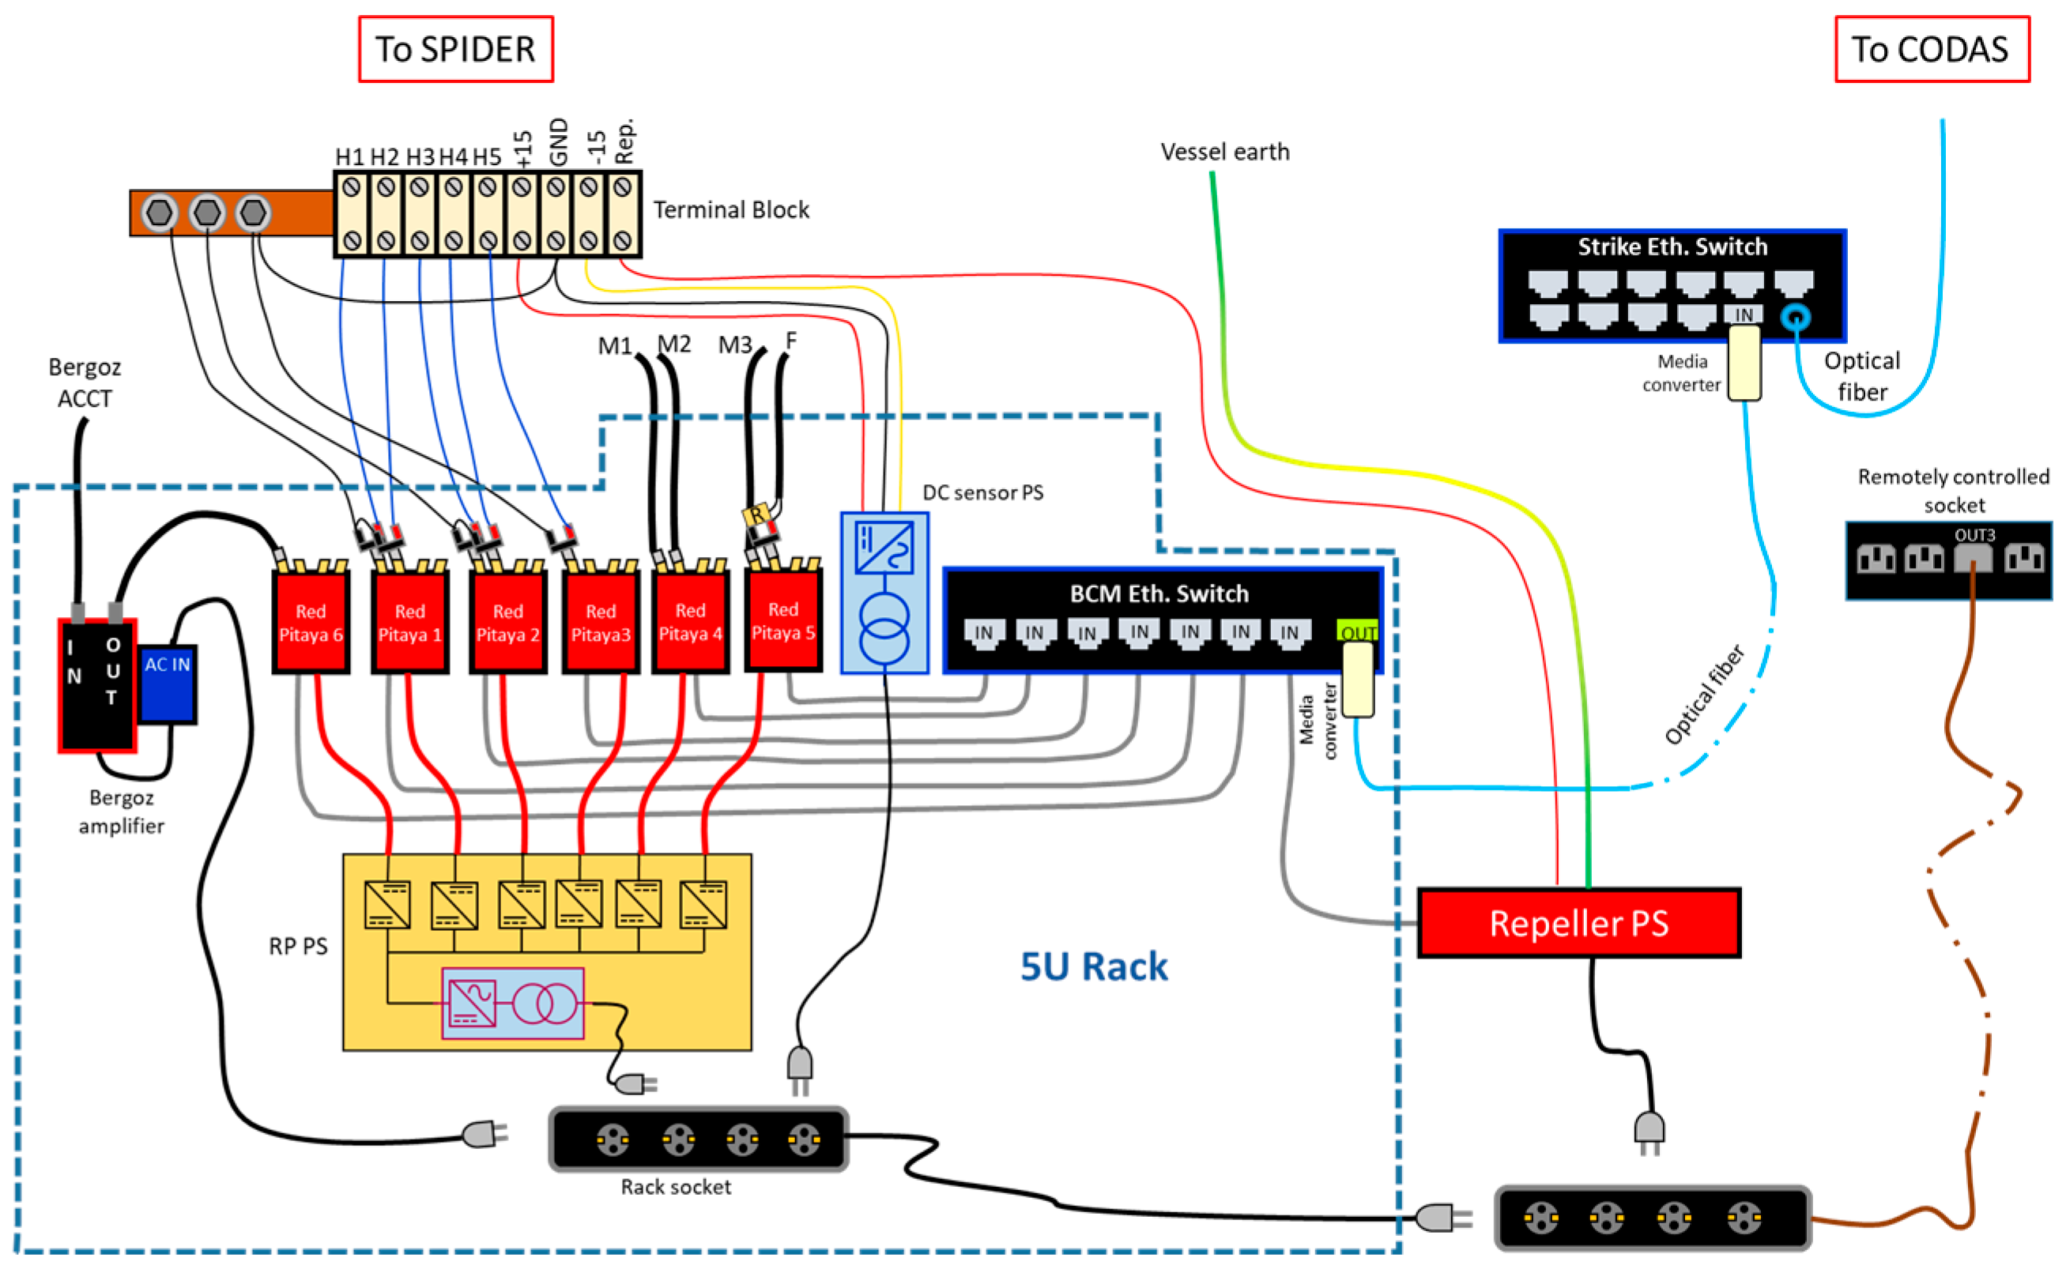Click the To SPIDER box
[x=455, y=49]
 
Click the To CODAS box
[x=1932, y=49]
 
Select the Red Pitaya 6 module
[x=311, y=623]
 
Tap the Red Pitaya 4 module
[x=689, y=623]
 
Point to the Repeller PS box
[x=1578, y=924]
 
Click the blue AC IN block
[x=168, y=684]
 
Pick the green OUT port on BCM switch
[x=1356, y=631]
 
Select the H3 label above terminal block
[x=420, y=156]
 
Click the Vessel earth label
[x=1224, y=152]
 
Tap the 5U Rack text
[x=1093, y=966]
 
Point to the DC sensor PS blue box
[x=884, y=593]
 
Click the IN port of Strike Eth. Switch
[x=1743, y=314]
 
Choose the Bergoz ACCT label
[x=85, y=382]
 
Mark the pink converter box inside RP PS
[x=512, y=1003]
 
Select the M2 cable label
[x=673, y=344]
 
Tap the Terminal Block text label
[x=731, y=209]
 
